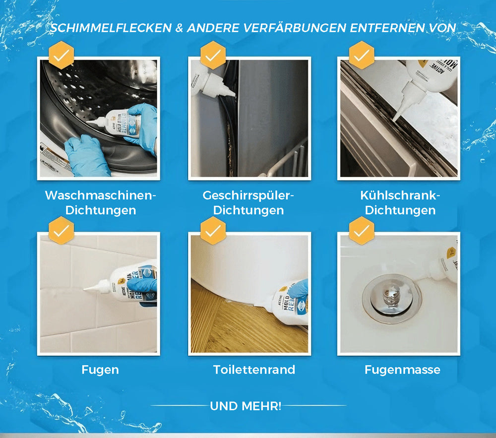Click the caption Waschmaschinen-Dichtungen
coord(100,202)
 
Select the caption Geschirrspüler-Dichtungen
coord(249,202)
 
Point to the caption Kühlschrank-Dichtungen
coord(400,202)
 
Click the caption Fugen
coord(100,370)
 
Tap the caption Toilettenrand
coord(254,370)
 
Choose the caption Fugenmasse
coord(402,370)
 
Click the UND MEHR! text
coord(246,406)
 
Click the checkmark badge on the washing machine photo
coord(61,56)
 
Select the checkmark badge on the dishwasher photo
coord(213,56)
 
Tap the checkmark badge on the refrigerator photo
coord(362,56)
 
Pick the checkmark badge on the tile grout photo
coord(61,230)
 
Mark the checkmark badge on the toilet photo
coord(213,230)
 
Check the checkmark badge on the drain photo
coord(362,230)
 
